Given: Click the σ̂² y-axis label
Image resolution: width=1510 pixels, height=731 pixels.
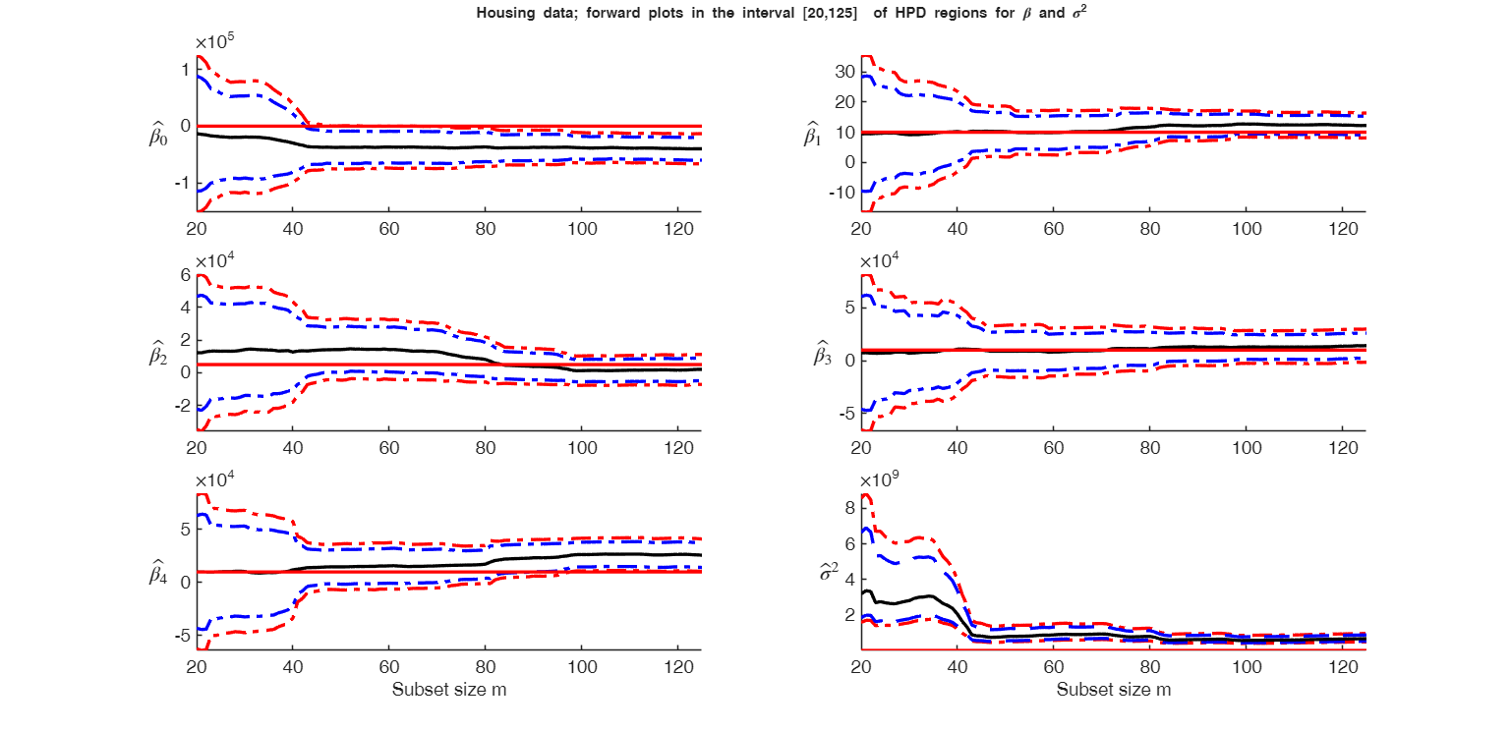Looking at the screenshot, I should tap(830, 571).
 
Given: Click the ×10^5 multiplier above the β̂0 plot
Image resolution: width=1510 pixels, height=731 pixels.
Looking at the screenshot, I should tap(214, 42).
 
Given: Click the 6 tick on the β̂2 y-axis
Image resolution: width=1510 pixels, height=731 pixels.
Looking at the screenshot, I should tap(184, 275).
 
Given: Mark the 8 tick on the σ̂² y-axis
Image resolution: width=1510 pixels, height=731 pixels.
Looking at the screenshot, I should tap(848, 506).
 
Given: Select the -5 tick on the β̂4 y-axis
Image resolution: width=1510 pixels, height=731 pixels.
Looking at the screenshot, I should tap(180, 636).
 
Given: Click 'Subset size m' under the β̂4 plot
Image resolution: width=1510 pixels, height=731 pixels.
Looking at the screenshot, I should tap(448, 690).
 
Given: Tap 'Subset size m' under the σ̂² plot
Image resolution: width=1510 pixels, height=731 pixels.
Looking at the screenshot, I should tap(1113, 690).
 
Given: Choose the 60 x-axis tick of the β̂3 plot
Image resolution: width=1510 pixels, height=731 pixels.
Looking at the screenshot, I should tap(1054, 447).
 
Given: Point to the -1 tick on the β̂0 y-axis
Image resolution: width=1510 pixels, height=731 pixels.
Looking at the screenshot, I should tap(180, 184).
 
